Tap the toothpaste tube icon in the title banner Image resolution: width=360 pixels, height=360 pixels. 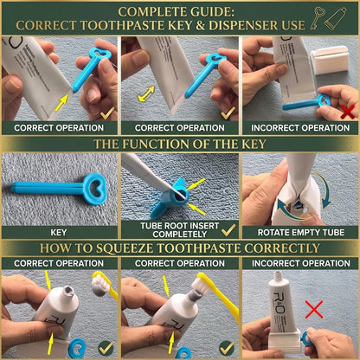tap(335, 18)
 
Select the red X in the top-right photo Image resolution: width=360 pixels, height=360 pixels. tap(347, 112)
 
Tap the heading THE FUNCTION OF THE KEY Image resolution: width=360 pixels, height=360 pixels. tap(180, 144)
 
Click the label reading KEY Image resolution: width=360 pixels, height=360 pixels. tap(59, 233)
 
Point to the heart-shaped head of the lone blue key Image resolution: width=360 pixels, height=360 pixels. tap(95, 189)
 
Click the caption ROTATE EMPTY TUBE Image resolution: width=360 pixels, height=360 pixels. tap(301, 233)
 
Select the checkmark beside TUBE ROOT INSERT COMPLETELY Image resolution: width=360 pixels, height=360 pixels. tap(228, 230)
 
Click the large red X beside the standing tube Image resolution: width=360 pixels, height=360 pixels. tap(314, 310)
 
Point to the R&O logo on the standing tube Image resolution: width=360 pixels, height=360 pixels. tap(280, 304)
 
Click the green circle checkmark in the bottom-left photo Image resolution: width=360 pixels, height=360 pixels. tap(106, 348)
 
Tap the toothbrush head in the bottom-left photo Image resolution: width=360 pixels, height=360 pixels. tap(100, 284)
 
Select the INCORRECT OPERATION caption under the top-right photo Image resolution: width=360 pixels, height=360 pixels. tap(300, 128)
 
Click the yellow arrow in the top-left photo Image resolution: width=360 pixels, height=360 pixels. tap(61, 103)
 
